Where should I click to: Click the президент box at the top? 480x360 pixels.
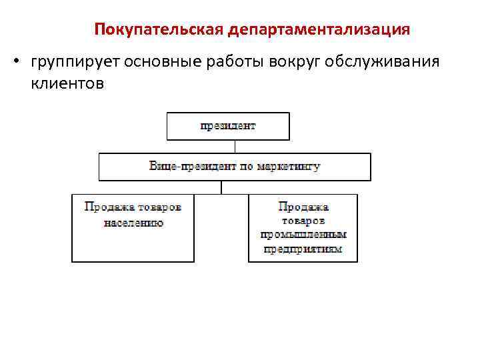[228, 125]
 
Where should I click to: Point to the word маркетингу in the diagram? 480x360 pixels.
[288, 166]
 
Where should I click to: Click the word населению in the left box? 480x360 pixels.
[133, 223]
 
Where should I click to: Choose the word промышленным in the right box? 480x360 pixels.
[303, 235]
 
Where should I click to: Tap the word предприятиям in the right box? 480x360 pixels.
[303, 249]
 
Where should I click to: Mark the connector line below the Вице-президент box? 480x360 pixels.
[221, 187]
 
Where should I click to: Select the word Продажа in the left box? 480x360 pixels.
[106, 207]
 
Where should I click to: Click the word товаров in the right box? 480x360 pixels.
[303, 221]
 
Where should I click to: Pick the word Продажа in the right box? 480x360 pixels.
[303, 207]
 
